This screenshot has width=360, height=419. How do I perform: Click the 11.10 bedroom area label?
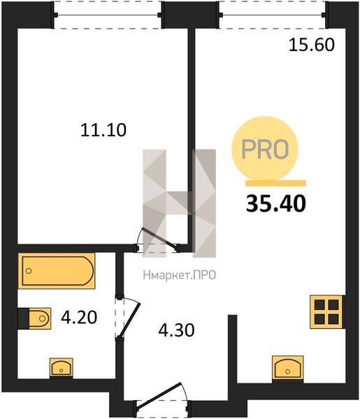click(103, 130)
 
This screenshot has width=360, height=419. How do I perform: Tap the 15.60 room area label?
click(312, 45)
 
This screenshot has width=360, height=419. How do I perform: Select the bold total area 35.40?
click(275, 203)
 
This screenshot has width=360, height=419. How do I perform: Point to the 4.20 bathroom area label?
click(79, 318)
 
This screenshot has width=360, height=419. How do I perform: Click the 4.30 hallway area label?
click(176, 330)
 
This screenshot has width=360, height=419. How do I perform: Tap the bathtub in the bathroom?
click(57, 271)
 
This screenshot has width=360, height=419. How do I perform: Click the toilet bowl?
click(34, 318)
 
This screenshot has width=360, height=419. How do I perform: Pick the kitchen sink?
click(288, 368)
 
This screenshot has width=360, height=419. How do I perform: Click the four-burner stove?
click(326, 311)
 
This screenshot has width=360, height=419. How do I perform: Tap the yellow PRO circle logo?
click(265, 149)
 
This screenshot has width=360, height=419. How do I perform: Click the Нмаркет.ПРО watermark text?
click(180, 275)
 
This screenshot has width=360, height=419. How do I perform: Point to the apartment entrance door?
click(161, 400)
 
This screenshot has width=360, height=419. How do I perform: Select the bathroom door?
click(127, 317)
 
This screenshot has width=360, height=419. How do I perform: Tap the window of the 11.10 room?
click(108, 15)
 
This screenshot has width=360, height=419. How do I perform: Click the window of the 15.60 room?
click(273, 15)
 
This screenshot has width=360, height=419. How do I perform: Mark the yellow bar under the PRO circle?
click(275, 183)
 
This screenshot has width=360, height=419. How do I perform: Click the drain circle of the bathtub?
click(29, 271)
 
